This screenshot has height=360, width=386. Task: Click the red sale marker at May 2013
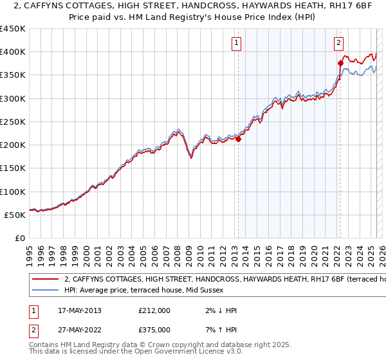click(x=238, y=138)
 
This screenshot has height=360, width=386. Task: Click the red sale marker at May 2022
click(x=340, y=63)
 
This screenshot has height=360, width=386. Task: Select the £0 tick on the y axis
click(x=20, y=239)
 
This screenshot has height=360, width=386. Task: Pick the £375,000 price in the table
click(x=154, y=329)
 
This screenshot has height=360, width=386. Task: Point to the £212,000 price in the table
click(x=154, y=310)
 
